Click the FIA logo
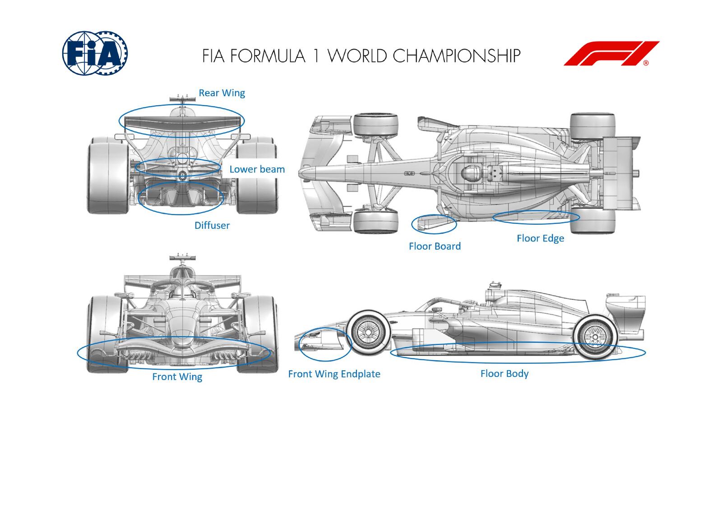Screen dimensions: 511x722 (x=95, y=53)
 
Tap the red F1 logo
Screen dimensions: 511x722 (x=611, y=54)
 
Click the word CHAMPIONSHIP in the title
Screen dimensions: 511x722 (x=456, y=56)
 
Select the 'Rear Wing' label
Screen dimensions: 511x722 (x=222, y=93)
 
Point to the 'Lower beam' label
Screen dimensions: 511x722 (x=257, y=169)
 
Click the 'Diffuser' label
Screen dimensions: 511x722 (x=212, y=225)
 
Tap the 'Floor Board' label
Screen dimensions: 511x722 (x=435, y=246)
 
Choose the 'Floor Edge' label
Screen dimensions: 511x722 (x=540, y=238)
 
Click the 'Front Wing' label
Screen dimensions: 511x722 (x=177, y=376)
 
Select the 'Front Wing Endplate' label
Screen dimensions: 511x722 (x=334, y=374)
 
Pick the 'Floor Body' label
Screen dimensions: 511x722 (x=504, y=373)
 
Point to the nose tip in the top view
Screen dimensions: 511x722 (x=303, y=172)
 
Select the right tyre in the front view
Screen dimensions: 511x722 (x=256, y=334)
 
